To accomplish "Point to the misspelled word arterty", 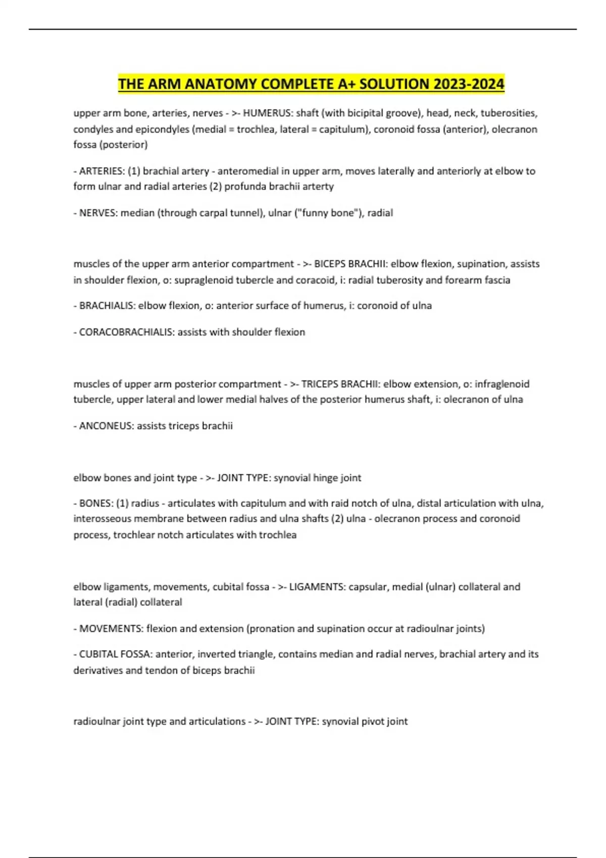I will pos(318,186).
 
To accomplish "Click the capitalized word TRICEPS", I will pos(320,384).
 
